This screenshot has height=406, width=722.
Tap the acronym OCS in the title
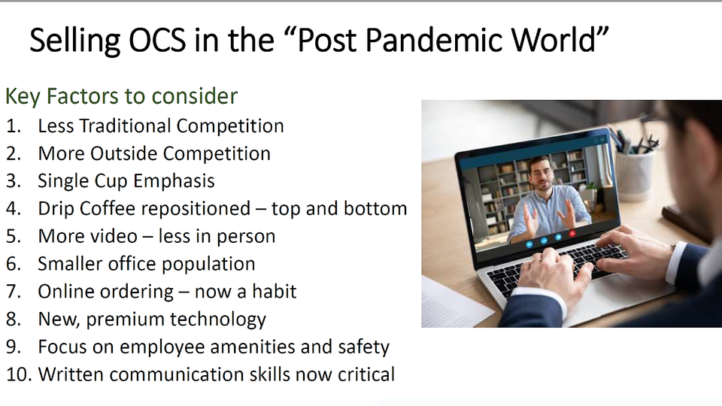(x=157, y=40)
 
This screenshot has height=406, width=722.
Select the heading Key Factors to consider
(x=122, y=96)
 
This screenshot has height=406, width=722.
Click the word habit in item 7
(x=275, y=292)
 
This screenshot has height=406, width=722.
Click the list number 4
(x=14, y=208)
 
